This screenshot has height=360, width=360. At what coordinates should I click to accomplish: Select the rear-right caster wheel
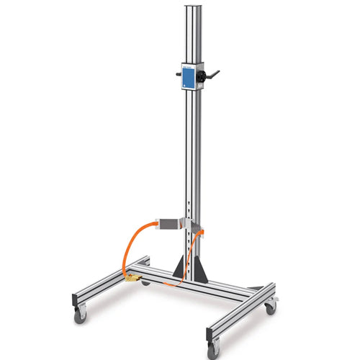(270, 307)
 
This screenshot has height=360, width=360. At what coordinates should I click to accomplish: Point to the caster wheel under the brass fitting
(145, 282)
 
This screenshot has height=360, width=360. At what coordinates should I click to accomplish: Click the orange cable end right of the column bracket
(201, 231)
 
